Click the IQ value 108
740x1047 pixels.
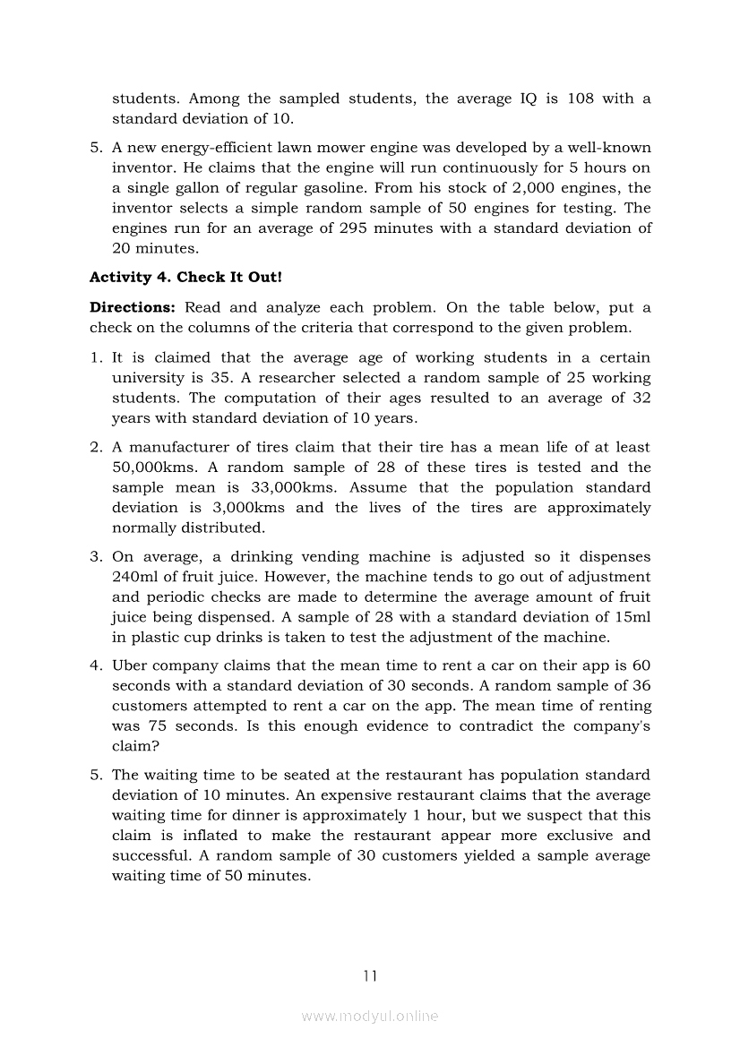[x=581, y=99]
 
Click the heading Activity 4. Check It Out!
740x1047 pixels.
[x=185, y=278]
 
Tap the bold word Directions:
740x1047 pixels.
[x=132, y=307]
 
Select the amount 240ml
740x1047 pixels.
[x=135, y=577]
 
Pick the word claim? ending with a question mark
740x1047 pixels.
[x=135, y=746]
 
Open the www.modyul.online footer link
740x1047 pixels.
[x=370, y=1016]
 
